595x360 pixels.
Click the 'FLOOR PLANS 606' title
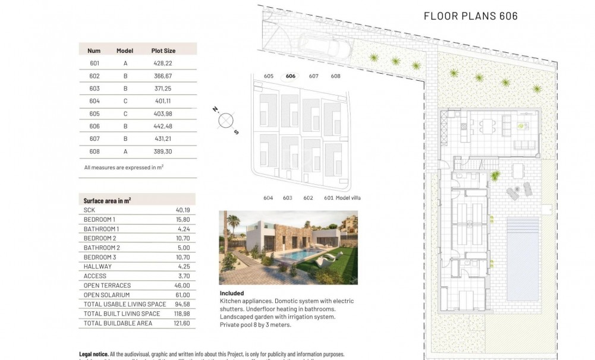click(x=470, y=16)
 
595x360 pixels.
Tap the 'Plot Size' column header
click(x=163, y=51)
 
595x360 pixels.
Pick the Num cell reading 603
click(x=94, y=89)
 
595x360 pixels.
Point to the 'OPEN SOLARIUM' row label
click(x=106, y=295)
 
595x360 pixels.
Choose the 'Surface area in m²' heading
click(x=107, y=201)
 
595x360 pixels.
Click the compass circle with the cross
click(x=226, y=121)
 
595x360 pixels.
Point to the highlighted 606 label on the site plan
click(x=291, y=76)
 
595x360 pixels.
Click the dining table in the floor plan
click(x=486, y=125)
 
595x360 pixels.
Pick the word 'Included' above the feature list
click(x=231, y=293)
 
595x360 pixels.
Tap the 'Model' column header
click(x=125, y=51)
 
